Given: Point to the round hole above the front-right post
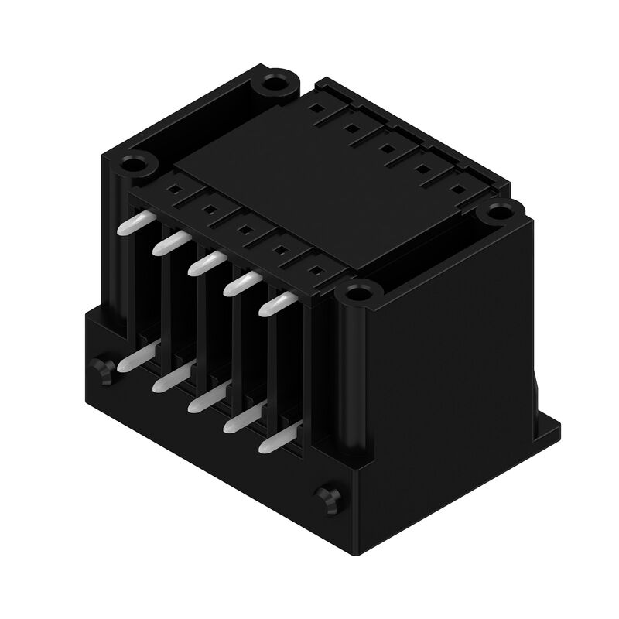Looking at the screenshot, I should tap(357, 293).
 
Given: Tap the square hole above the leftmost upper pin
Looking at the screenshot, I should tap(175, 187).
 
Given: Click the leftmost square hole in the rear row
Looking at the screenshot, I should tap(314, 108).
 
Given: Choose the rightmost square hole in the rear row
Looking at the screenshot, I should tap(454, 188).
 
